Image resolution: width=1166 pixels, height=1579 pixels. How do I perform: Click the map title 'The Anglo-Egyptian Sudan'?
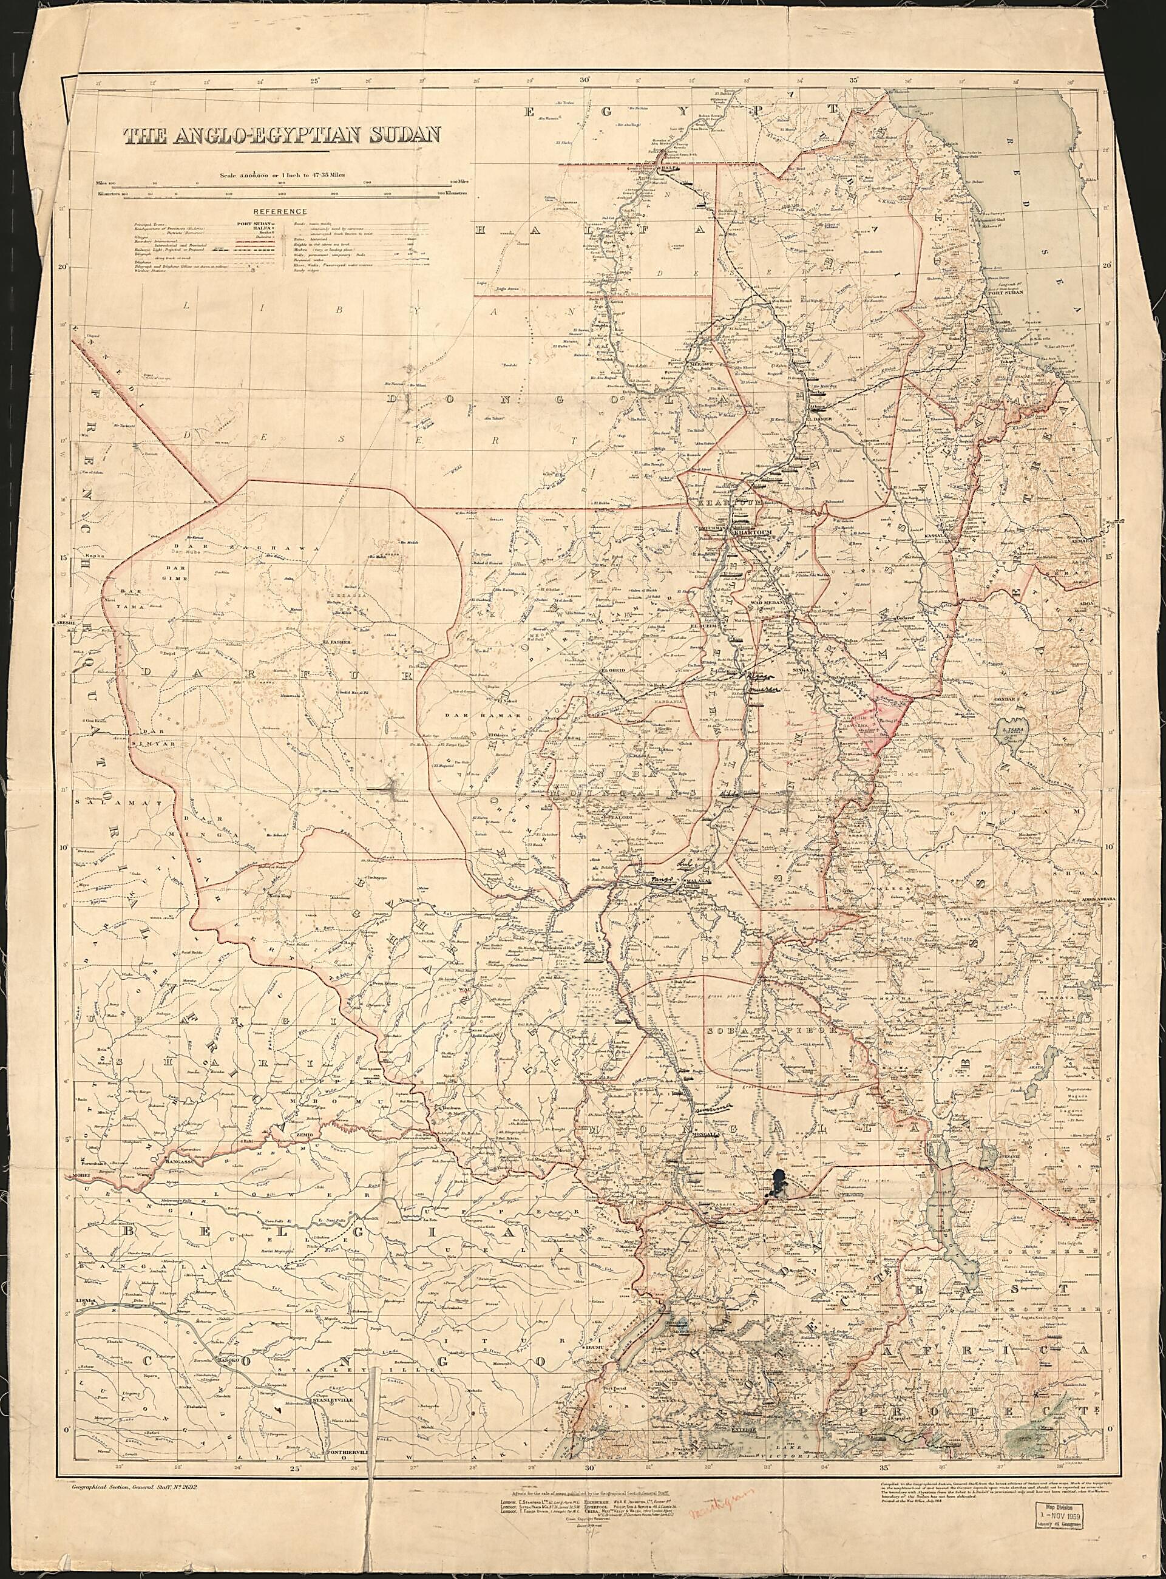point(282,135)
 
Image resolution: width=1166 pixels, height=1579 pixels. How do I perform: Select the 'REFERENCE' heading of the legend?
point(280,211)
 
